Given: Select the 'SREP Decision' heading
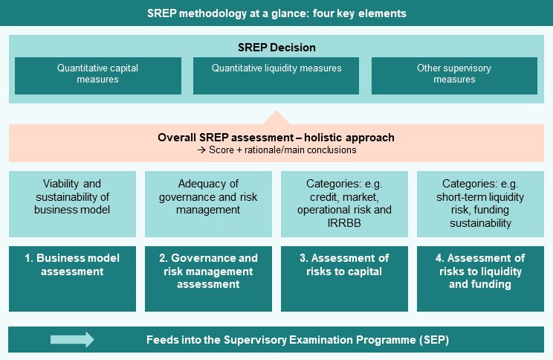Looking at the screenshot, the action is pyautogui.click(x=276, y=48).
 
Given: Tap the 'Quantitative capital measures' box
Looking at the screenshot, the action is pyautogui.click(x=98, y=76).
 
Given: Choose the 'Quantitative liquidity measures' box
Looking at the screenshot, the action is pyautogui.click(x=276, y=76).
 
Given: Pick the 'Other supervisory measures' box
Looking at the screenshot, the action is pyautogui.click(x=454, y=76).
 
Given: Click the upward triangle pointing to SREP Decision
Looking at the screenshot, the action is pyautogui.click(x=276, y=118).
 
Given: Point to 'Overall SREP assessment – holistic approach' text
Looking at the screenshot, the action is pyautogui.click(x=276, y=138).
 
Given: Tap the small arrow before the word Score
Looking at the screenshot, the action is pyautogui.click(x=201, y=150).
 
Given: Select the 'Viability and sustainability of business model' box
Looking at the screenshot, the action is pyautogui.click(x=72, y=204).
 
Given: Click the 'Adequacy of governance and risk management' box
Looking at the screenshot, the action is pyautogui.click(x=208, y=204).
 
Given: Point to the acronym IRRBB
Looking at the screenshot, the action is pyautogui.click(x=344, y=223).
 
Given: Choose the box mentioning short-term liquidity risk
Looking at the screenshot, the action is pyautogui.click(x=480, y=204).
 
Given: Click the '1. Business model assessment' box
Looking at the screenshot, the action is pyautogui.click(x=72, y=279).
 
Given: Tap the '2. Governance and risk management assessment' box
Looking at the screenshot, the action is pyautogui.click(x=208, y=279).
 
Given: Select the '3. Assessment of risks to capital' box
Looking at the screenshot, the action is pyautogui.click(x=344, y=279).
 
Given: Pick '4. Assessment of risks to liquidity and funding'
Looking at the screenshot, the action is pyautogui.click(x=480, y=279).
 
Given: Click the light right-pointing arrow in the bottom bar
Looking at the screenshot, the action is pyautogui.click(x=72, y=339).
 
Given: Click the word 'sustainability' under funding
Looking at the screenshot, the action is pyautogui.click(x=480, y=223).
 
